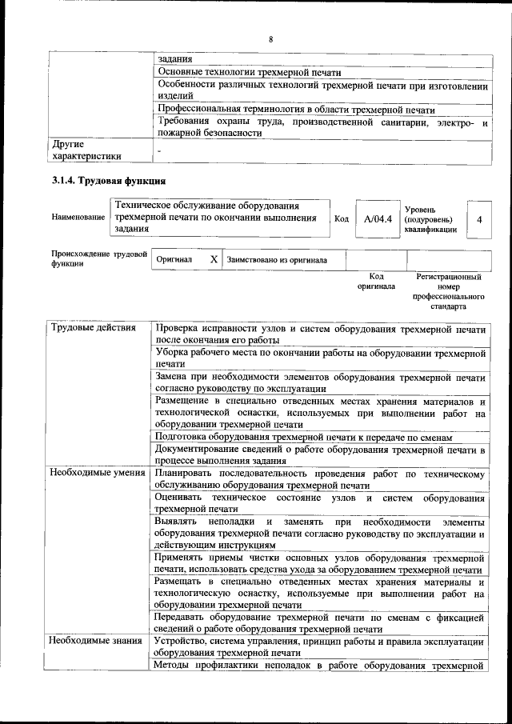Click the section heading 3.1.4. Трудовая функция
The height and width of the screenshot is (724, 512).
108,180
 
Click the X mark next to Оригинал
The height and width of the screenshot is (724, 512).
214,260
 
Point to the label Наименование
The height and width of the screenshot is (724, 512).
78,218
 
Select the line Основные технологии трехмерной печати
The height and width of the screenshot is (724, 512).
249,71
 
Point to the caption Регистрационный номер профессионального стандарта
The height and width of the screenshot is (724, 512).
449,291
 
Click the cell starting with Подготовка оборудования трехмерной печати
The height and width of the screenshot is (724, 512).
304,438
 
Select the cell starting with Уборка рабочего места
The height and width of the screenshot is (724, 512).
320,358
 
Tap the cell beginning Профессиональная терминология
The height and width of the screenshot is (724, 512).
295,110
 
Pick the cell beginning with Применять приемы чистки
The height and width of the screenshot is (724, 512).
320,562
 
